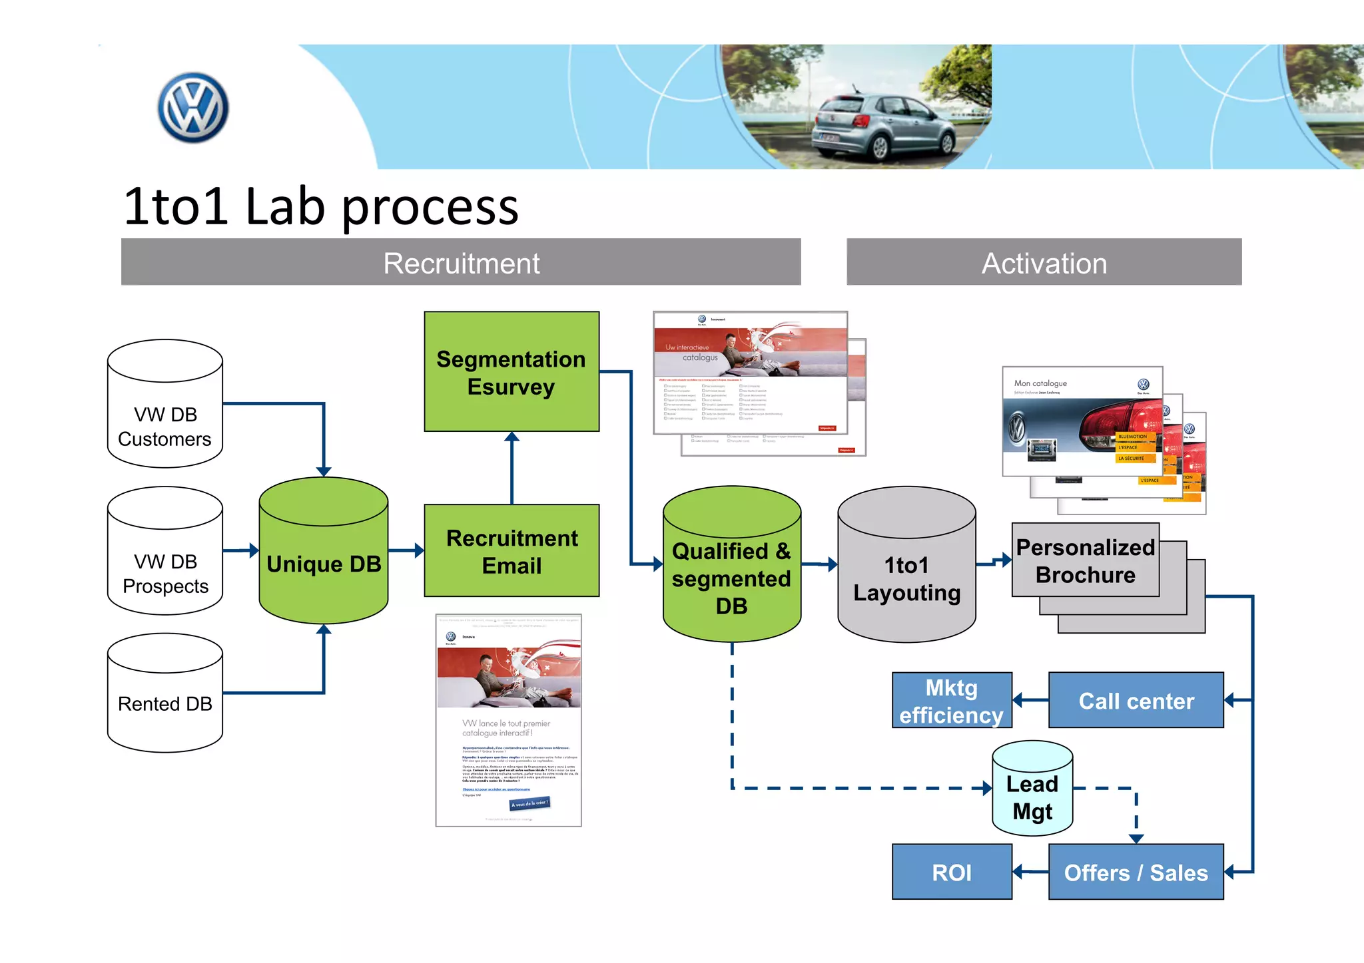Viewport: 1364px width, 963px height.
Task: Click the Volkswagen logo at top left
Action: [193, 108]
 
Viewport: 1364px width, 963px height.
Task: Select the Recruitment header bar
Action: [461, 262]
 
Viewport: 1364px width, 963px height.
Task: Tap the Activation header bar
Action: [1044, 262]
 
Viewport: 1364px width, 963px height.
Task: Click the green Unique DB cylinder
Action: [324, 552]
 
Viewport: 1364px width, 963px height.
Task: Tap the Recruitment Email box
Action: [511, 551]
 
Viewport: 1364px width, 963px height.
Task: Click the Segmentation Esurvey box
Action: [511, 371]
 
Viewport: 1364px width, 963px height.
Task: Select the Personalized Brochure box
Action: [1085, 560]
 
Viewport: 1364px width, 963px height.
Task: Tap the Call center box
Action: [1136, 700]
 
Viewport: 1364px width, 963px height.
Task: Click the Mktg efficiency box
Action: [951, 700]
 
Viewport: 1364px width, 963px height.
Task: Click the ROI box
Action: [951, 872]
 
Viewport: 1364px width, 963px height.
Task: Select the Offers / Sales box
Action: [1136, 872]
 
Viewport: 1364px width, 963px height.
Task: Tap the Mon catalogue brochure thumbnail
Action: [1082, 421]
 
